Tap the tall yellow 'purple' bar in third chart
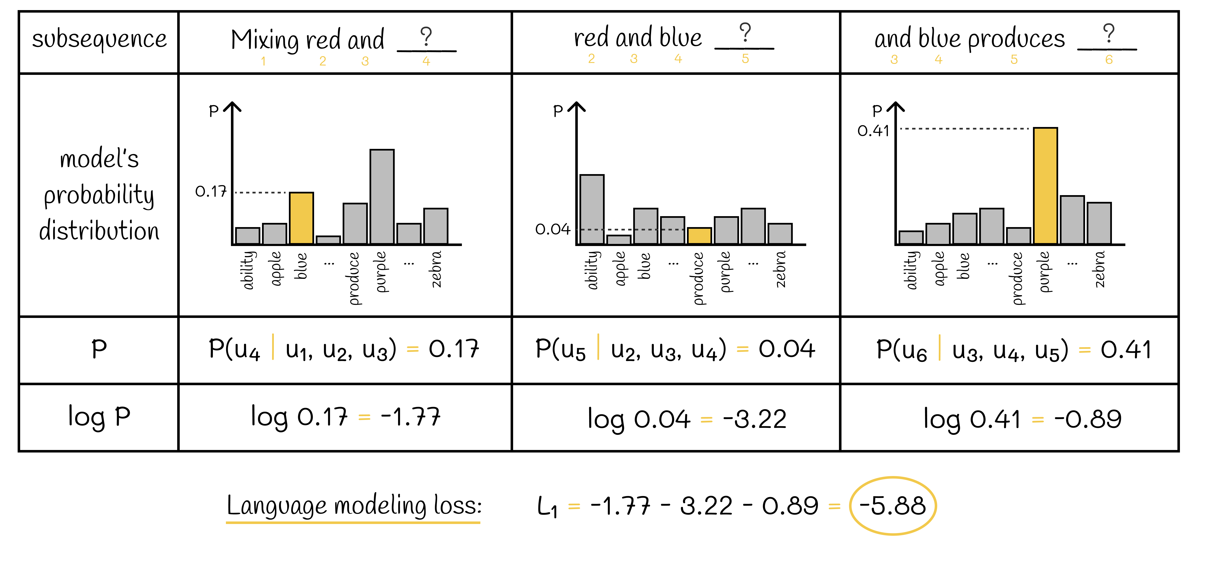[1045, 186]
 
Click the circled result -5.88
[892, 506]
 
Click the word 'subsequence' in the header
[99, 39]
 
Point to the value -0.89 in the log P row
[1087, 419]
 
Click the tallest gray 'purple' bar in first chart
[382, 197]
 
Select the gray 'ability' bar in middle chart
[592, 209]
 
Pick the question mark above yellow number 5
[745, 33]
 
